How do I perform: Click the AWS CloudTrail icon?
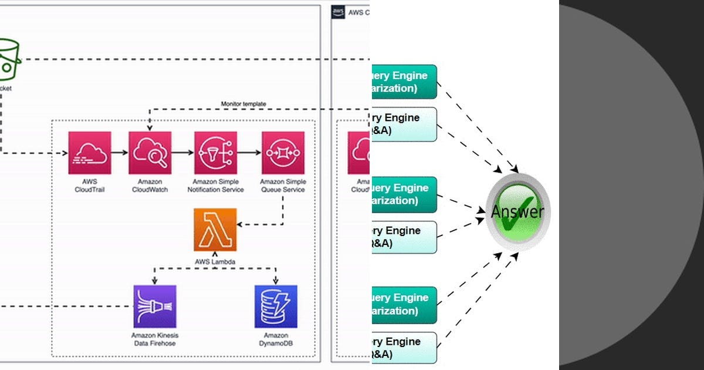[89, 153]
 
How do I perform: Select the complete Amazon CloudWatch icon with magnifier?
[150, 153]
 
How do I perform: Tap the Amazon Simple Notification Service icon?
[215, 153]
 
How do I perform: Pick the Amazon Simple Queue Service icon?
[283, 153]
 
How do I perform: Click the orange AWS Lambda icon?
[215, 230]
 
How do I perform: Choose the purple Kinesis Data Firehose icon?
[155, 306]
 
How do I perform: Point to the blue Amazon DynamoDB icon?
[276, 306]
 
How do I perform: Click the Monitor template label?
[243, 104]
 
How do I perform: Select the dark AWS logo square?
[338, 12]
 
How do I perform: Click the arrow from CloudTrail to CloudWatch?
[120, 153]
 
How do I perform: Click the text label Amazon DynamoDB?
[276, 339]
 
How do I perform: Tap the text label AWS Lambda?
[215, 261]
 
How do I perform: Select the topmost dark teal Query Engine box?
[404, 82]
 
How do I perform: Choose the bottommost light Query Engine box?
[404, 348]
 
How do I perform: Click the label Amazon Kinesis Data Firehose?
[154, 339]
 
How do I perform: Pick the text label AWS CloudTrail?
[89, 186]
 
